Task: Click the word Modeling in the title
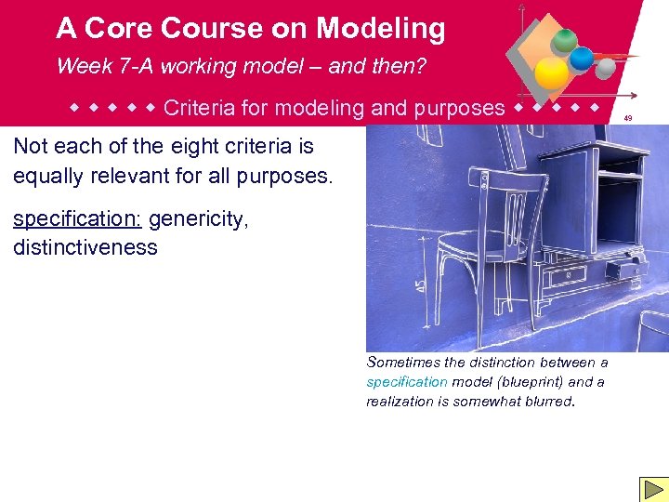pyautogui.click(x=380, y=29)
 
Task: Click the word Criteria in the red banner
pyautogui.click(x=198, y=108)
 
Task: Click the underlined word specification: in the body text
pyautogui.click(x=77, y=219)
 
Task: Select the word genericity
pyautogui.click(x=198, y=219)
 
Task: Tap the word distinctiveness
pyautogui.click(x=85, y=247)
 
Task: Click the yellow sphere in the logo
pyautogui.click(x=552, y=73)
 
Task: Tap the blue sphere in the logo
pyautogui.click(x=582, y=59)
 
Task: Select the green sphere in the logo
pyautogui.click(x=563, y=41)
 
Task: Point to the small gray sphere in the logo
pyautogui.click(x=605, y=69)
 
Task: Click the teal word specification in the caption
pyautogui.click(x=407, y=382)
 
